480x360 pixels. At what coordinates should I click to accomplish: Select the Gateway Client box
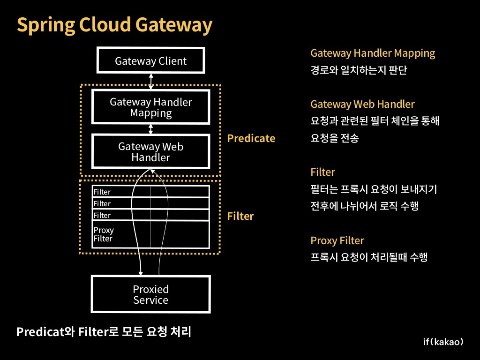[150, 61]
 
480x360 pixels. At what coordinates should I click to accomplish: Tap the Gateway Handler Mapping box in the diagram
[150, 107]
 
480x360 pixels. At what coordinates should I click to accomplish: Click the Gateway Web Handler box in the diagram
[150, 152]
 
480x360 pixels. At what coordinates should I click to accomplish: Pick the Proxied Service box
[150, 294]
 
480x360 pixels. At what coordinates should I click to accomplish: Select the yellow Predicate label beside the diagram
[251, 138]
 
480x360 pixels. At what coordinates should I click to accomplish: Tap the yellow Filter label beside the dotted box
[240, 216]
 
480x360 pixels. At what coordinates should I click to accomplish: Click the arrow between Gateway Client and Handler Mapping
[151, 81]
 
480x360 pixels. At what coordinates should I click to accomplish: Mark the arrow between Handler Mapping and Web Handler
[151, 128]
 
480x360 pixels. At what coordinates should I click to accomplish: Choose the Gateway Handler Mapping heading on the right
[373, 53]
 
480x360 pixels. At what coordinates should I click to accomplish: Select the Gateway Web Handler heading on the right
[362, 104]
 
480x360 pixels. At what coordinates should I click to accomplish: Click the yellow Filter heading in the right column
[322, 172]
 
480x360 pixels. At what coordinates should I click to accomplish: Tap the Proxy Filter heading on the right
[337, 240]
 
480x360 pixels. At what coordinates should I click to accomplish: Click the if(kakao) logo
[443, 342]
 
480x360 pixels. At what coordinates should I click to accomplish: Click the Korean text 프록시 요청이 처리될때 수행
[368, 257]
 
